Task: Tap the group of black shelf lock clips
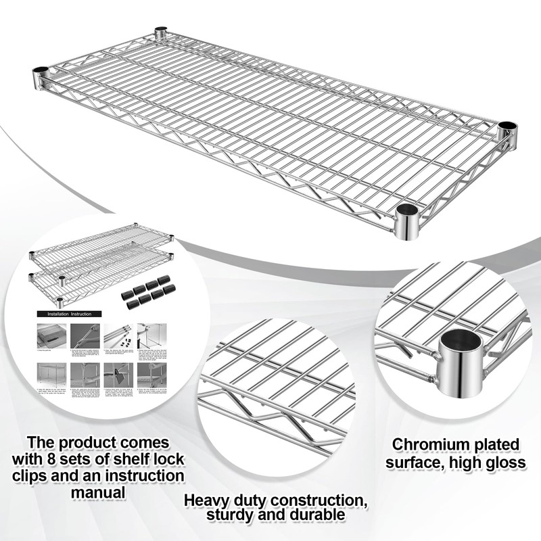pyautogui.click(x=145, y=292)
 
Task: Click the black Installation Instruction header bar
pyautogui.click(x=69, y=314)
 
